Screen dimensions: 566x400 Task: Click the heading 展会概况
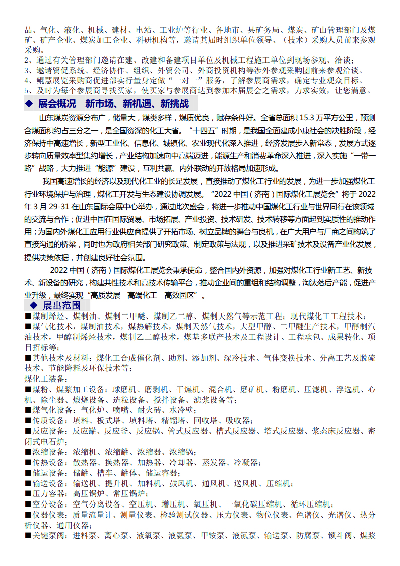57,104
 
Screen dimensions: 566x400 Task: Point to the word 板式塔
109,420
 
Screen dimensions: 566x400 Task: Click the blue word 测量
128,515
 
